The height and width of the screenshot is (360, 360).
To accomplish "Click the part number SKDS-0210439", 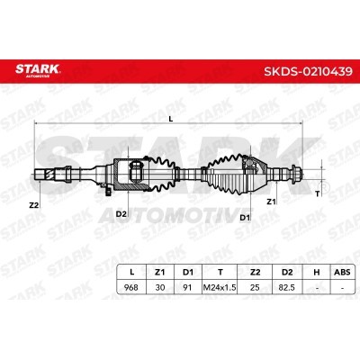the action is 308,72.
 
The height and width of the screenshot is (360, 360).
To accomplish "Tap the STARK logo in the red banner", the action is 38,70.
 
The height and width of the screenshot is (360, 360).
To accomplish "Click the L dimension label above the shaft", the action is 171,119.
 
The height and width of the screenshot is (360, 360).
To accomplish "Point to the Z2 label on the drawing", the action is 34,205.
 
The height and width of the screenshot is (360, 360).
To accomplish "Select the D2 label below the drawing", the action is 121,214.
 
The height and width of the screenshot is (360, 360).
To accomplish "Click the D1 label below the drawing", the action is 245,218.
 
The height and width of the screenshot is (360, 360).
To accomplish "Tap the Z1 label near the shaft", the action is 271,202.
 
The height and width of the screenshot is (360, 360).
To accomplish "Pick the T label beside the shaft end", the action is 318,194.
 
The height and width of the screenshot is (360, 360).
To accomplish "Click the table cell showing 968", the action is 131,287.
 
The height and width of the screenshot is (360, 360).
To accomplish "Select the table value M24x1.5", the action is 220,287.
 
